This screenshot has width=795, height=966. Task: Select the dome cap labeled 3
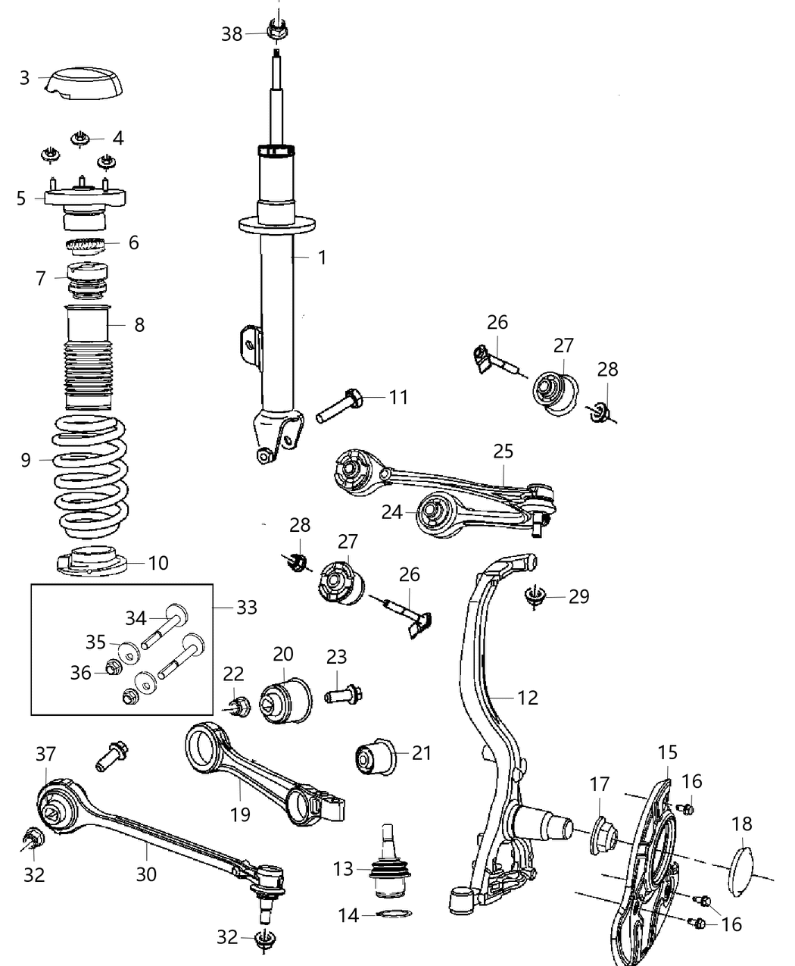[83, 83]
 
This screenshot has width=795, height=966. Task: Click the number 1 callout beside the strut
[322, 258]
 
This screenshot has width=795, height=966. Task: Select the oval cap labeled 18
[743, 871]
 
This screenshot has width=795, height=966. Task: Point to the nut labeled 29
[535, 597]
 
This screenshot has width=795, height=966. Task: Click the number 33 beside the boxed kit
[247, 607]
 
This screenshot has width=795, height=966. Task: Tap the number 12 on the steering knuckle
[527, 697]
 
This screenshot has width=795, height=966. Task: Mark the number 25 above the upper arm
[503, 452]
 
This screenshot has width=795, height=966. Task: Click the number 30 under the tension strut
[146, 874]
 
